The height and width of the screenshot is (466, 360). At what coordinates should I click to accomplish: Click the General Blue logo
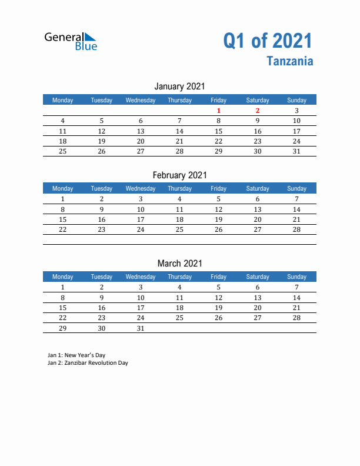[71, 41]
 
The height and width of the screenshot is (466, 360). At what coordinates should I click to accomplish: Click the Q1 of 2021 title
[268, 41]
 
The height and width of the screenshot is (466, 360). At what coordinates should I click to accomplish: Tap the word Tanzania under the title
[289, 61]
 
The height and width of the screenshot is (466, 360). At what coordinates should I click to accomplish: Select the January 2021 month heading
[179, 86]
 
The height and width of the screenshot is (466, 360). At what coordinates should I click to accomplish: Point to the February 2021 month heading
[179, 175]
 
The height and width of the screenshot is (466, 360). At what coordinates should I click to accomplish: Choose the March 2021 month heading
[179, 263]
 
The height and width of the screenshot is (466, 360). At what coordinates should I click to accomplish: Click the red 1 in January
[218, 111]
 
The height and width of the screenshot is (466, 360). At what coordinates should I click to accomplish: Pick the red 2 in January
[257, 111]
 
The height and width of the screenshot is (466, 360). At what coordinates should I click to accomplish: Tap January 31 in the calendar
[296, 151]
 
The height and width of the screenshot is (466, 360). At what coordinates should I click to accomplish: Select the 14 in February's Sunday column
[296, 209]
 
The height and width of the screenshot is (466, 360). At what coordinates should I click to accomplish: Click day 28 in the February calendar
[296, 229]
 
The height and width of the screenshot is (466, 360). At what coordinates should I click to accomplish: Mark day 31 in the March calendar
[141, 328]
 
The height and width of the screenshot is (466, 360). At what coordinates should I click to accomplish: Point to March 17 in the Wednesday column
[141, 308]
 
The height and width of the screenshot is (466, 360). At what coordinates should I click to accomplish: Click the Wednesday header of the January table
[141, 100]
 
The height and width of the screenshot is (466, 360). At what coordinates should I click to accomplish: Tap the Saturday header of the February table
[257, 188]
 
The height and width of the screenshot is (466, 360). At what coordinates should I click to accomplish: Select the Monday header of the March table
[63, 277]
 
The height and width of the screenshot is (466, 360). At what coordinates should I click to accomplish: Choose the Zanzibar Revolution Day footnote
[88, 363]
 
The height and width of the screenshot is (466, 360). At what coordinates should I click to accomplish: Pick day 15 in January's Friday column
[218, 131]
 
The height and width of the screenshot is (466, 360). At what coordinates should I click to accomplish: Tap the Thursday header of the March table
[179, 277]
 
